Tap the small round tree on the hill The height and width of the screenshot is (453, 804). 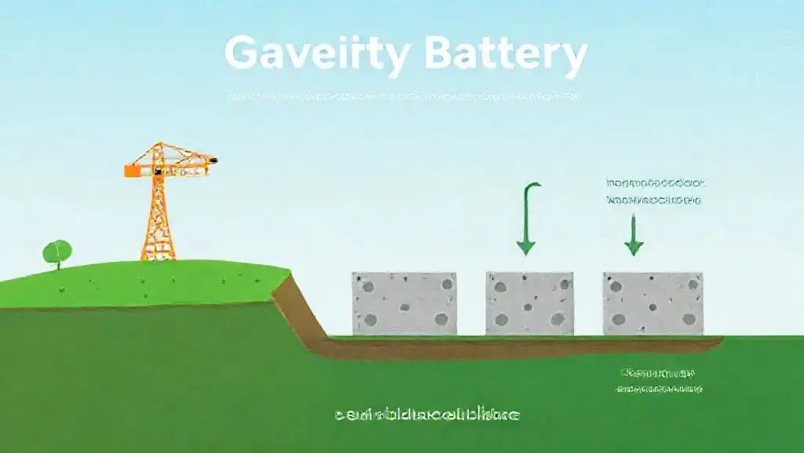point(57,252)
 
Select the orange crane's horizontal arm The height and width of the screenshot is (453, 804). point(169,165)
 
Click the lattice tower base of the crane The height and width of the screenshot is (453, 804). point(157,228)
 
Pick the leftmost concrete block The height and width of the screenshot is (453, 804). point(404,304)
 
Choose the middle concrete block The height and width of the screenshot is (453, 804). point(529,304)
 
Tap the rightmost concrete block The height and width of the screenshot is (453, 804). point(652,304)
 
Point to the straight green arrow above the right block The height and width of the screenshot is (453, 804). point(633,232)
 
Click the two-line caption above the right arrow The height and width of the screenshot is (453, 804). point(656,191)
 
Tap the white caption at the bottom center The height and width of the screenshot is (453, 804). point(426,414)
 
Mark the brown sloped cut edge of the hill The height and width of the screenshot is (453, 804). point(298,311)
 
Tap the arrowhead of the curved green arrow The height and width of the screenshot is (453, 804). point(525,247)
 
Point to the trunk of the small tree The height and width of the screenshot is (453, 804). point(58,263)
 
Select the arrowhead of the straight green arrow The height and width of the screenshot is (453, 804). point(633,247)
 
